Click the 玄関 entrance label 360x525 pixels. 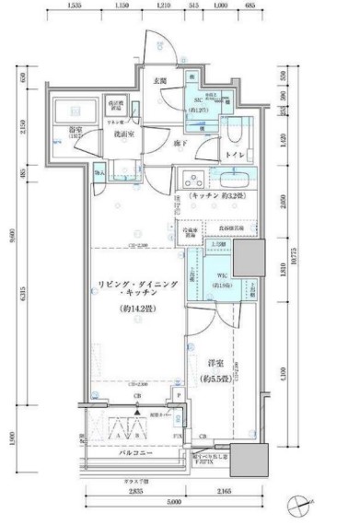pyautogui.click(x=160, y=82)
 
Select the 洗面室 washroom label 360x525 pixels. pyautogui.click(x=125, y=134)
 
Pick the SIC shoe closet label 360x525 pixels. pyautogui.click(x=197, y=100)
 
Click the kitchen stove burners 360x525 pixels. pyautogui.click(x=191, y=178)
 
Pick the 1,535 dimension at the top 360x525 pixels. pyautogui.click(x=75, y=6)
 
